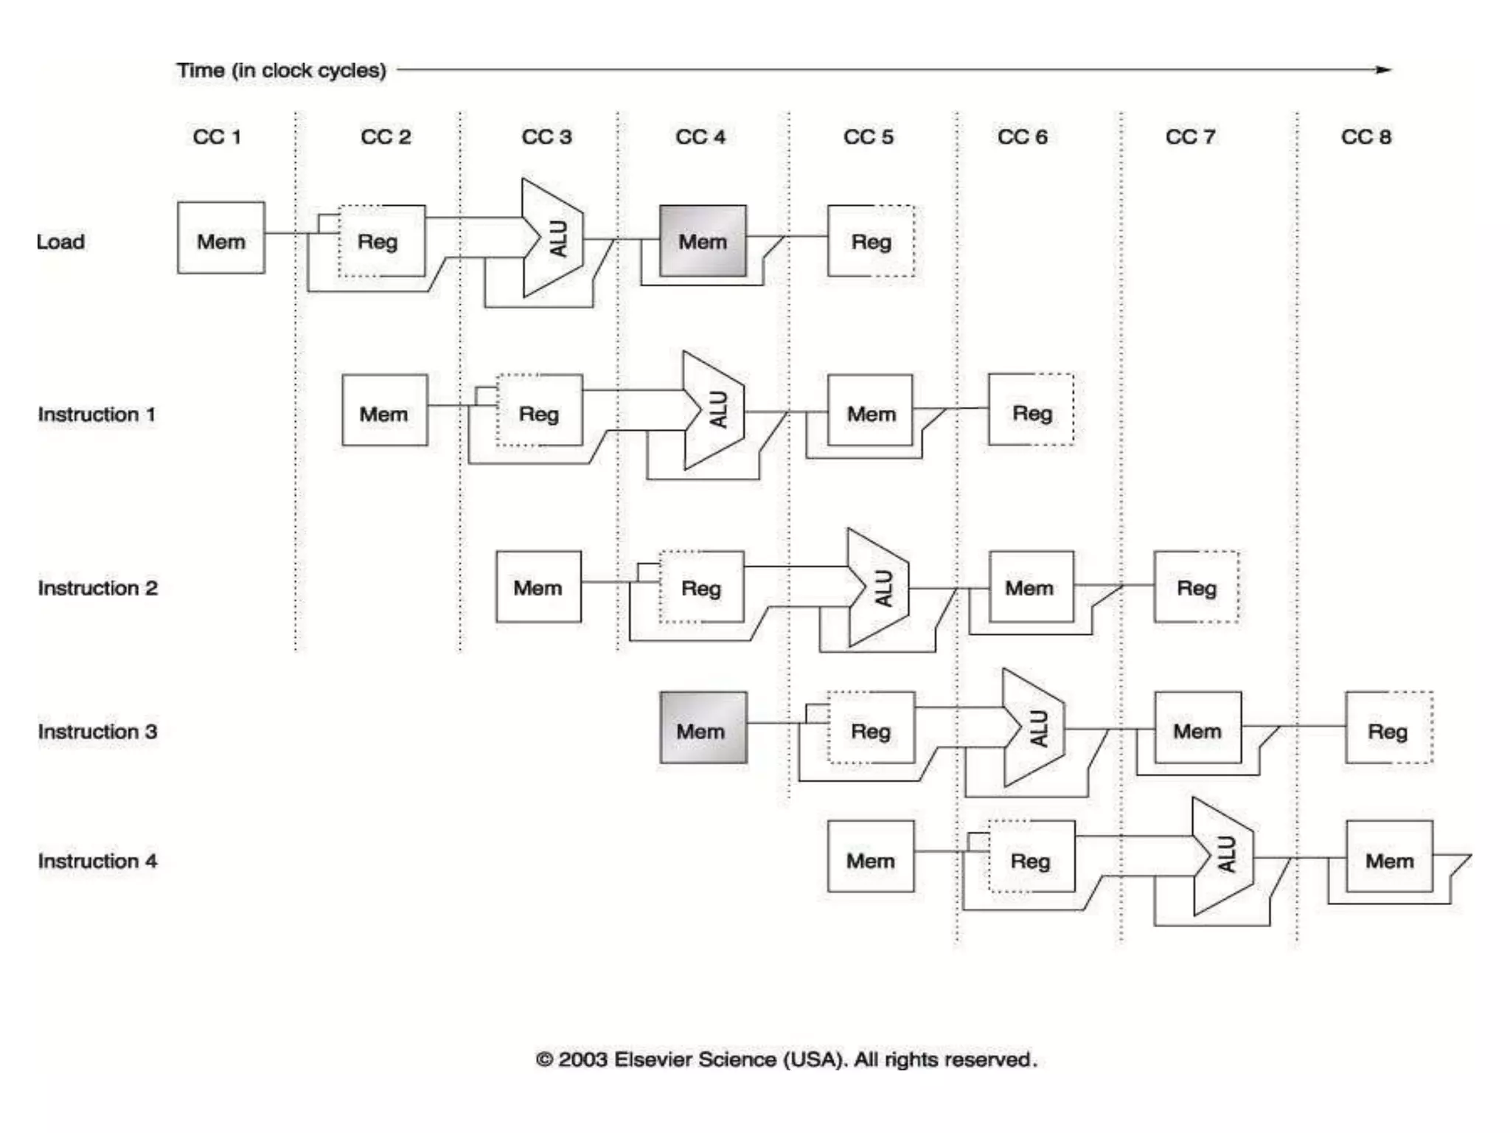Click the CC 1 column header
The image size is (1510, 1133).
click(217, 137)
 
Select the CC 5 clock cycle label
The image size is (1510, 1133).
click(869, 137)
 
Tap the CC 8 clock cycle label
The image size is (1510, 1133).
click(1366, 137)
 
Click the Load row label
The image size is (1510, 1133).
click(61, 242)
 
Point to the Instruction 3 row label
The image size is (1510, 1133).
click(97, 732)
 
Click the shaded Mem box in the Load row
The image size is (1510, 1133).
click(703, 241)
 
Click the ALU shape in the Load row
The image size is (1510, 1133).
click(553, 238)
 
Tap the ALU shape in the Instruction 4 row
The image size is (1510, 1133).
click(1223, 856)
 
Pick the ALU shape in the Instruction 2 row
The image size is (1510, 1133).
click(878, 588)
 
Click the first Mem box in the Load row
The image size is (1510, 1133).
click(221, 238)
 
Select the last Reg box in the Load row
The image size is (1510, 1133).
click(871, 241)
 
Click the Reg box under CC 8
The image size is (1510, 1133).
click(1389, 728)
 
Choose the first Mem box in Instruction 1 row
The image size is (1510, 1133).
click(385, 410)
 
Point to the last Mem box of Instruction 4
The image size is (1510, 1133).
click(1390, 856)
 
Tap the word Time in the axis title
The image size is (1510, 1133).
click(201, 71)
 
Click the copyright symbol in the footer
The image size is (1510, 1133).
click(544, 1060)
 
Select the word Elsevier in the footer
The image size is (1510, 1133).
click(653, 1060)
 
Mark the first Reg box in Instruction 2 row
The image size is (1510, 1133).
click(701, 587)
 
